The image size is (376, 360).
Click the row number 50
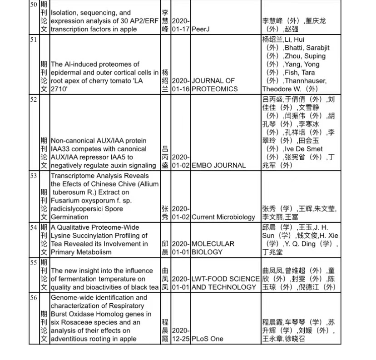pyautogui.click(x=33, y=5)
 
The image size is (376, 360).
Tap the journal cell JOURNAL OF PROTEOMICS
pyautogui.click(x=214, y=85)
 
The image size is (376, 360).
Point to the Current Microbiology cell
pyautogui.click(x=223, y=217)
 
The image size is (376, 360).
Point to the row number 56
pyautogui.click(x=33, y=298)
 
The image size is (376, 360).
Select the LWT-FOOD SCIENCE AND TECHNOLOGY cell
pyautogui.click(x=225, y=283)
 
